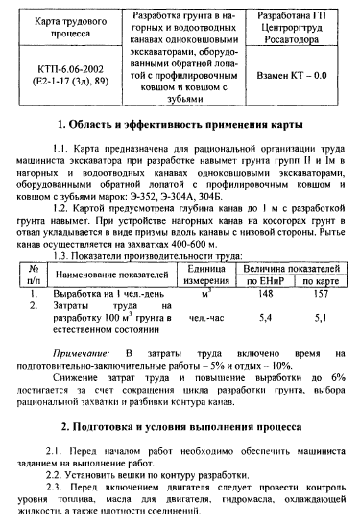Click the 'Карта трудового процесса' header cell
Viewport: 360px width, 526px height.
click(66, 27)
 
